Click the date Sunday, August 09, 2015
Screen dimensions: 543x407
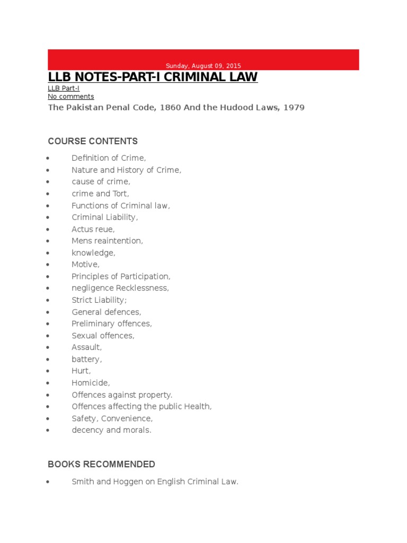coord(203,66)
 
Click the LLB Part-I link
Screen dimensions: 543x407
coord(64,88)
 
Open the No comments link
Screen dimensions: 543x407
coord(70,97)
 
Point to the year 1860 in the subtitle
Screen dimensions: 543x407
coord(166,108)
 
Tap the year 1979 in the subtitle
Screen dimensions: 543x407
coord(294,108)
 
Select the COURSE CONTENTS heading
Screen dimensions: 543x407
coord(93,141)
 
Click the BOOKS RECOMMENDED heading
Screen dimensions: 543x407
coord(101,465)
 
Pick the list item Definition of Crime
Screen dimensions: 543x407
coord(109,158)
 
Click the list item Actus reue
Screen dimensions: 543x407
coord(93,229)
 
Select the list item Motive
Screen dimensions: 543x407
coord(85,265)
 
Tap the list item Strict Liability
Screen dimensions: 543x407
coord(99,300)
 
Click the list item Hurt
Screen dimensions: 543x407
coord(81,371)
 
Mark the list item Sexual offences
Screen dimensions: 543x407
coord(103,336)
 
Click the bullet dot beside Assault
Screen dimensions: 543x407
coord(48,348)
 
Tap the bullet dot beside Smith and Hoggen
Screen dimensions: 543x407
coord(48,483)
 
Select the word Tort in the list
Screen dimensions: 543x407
coord(119,194)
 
